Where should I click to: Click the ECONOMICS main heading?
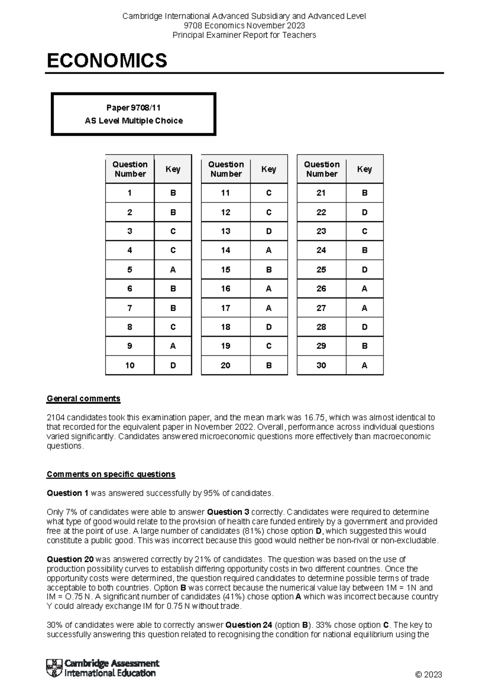107,61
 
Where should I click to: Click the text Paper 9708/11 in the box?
133,108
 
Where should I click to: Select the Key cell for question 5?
173,270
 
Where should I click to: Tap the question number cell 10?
130,365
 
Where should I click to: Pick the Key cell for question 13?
269,231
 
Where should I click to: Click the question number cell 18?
225,327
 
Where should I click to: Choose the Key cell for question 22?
364,212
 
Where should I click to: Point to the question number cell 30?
321,365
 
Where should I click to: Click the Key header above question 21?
364,169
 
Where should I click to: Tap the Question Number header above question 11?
226,169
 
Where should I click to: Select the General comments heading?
84,398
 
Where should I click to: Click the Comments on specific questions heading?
111,474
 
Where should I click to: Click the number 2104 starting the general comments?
55,418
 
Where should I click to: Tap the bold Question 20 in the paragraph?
70,559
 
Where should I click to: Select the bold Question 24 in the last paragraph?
249,625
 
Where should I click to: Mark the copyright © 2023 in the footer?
428,675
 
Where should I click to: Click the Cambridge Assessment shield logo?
55,668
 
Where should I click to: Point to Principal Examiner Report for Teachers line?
244,35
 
